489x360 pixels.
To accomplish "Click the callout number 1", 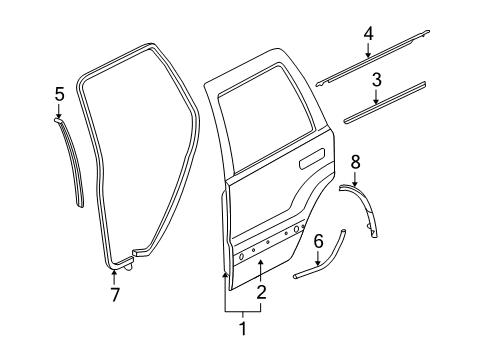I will click(x=239, y=327).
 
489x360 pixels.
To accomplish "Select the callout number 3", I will click(x=377, y=79).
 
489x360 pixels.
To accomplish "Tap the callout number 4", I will click(x=368, y=35).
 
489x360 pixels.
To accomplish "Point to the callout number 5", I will click(x=59, y=94).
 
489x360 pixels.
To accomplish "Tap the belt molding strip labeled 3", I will click(x=385, y=102).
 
